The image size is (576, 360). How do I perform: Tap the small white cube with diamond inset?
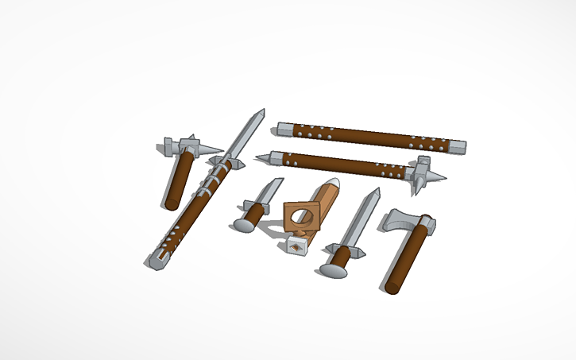pos(296,247)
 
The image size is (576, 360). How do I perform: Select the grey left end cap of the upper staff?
pos(284,127)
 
